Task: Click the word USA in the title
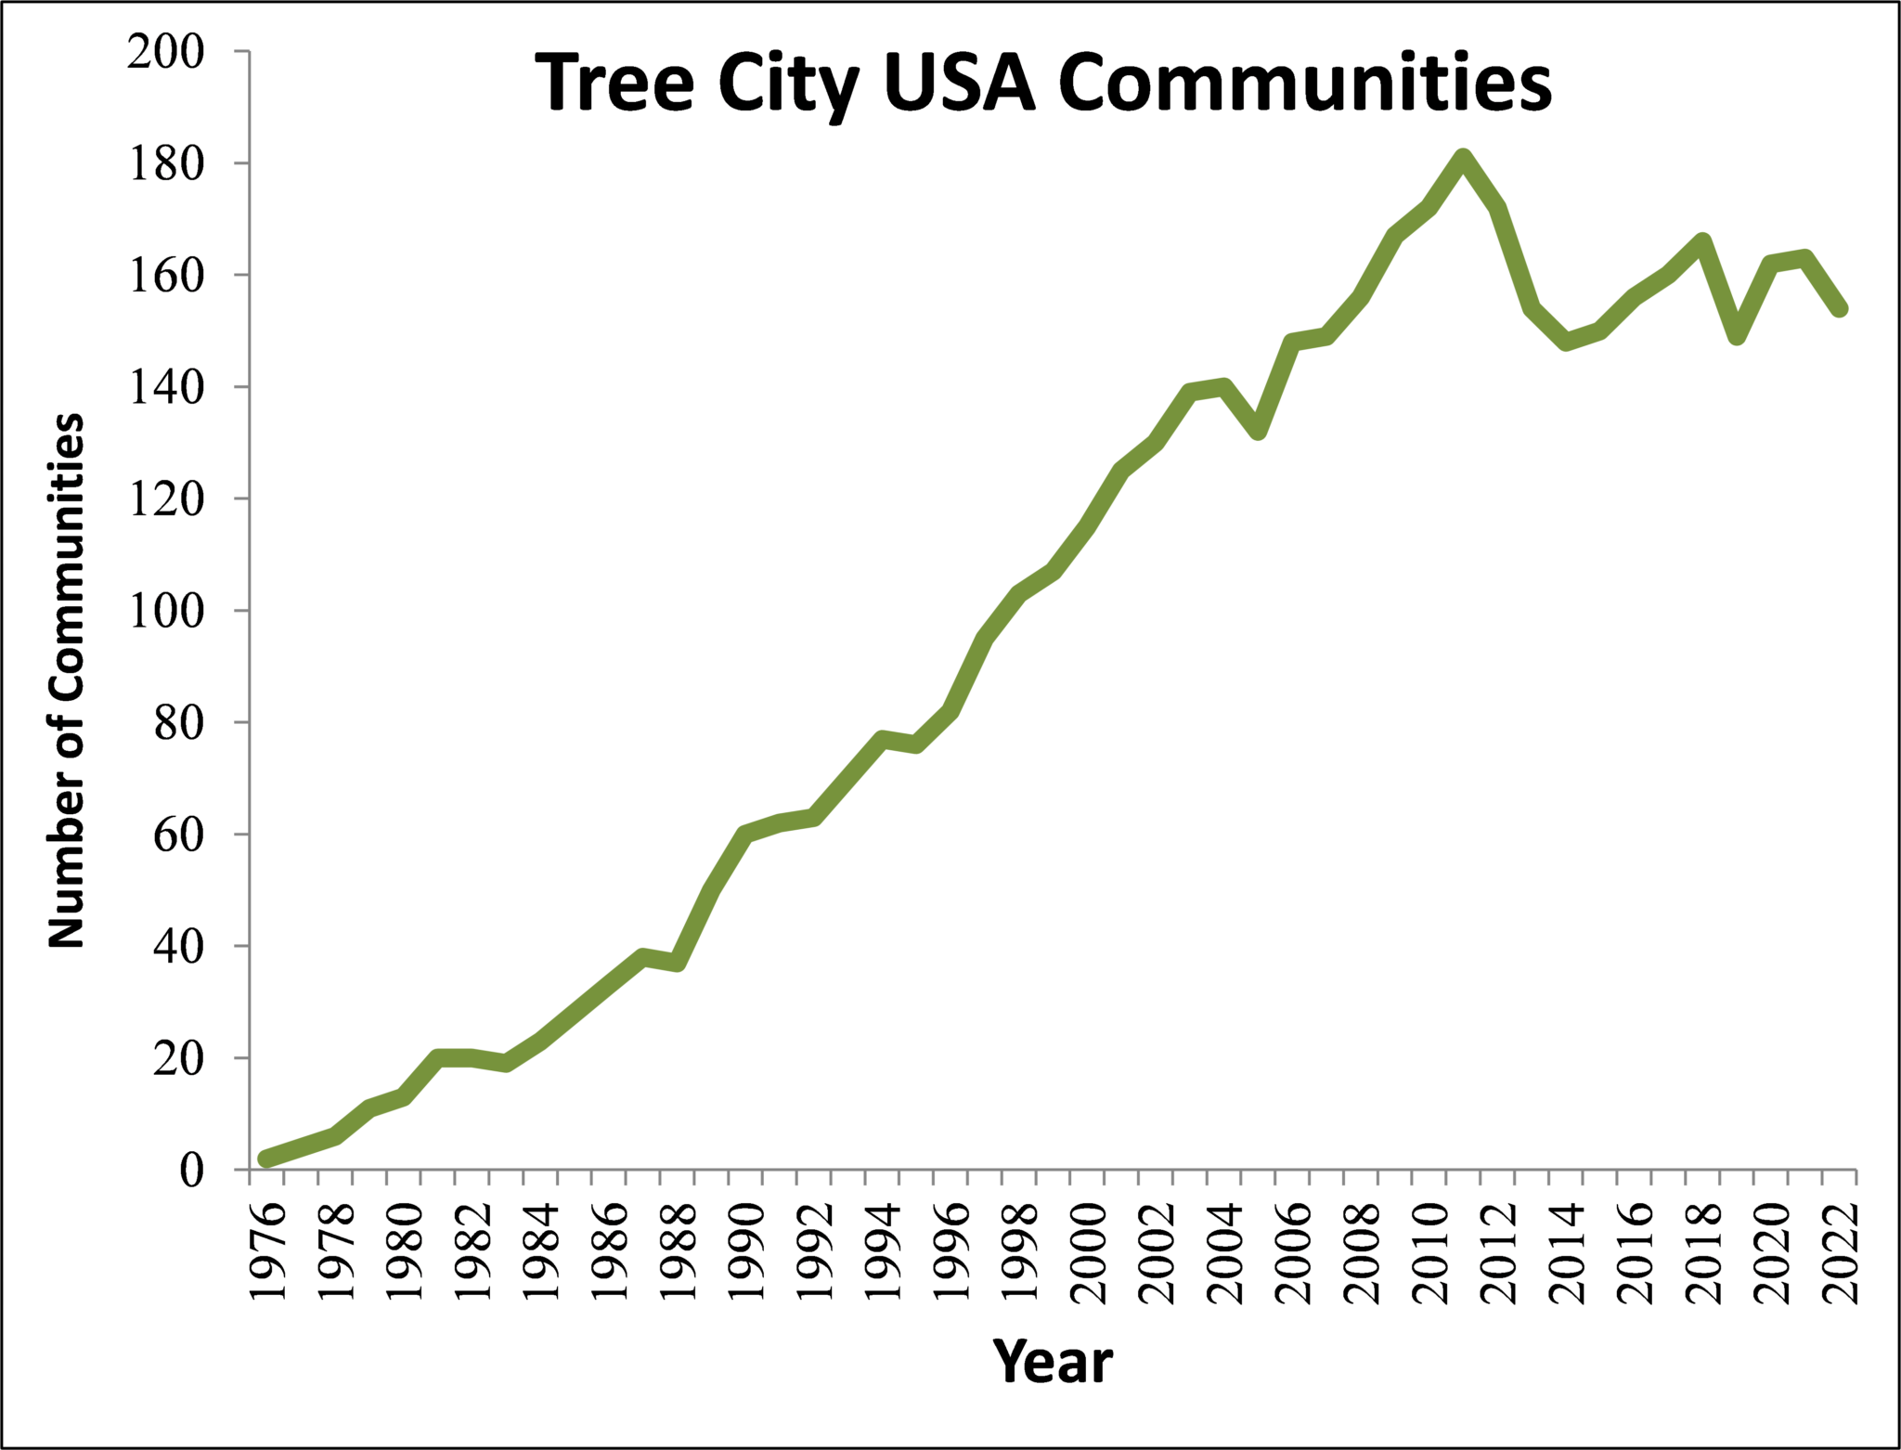click(x=959, y=84)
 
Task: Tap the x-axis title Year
click(x=1053, y=1362)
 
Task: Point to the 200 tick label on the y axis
click(x=166, y=52)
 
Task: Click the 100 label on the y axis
click(x=166, y=611)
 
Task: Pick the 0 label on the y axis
click(x=191, y=1170)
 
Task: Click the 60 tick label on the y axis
click(x=178, y=835)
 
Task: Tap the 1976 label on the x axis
click(x=267, y=1253)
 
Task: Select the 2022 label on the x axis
click(x=1840, y=1253)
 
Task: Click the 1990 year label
click(x=746, y=1253)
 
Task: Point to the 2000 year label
click(x=1088, y=1253)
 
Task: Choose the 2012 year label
click(x=1498, y=1253)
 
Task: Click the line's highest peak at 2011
click(x=1463, y=157)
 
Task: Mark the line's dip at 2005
click(x=1258, y=431)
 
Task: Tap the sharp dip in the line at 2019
click(x=1737, y=336)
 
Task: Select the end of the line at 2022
click(x=1839, y=309)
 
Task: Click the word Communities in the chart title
click(x=1304, y=84)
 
